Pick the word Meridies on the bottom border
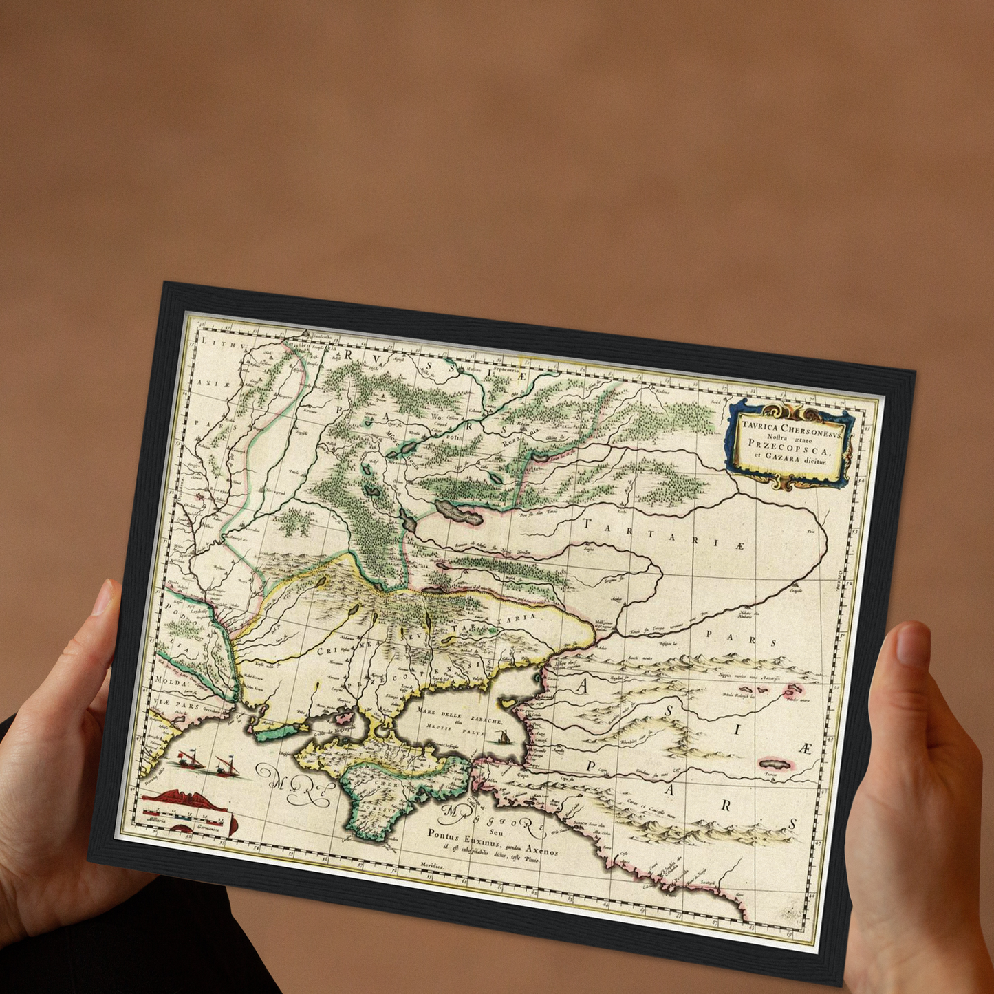433,867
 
